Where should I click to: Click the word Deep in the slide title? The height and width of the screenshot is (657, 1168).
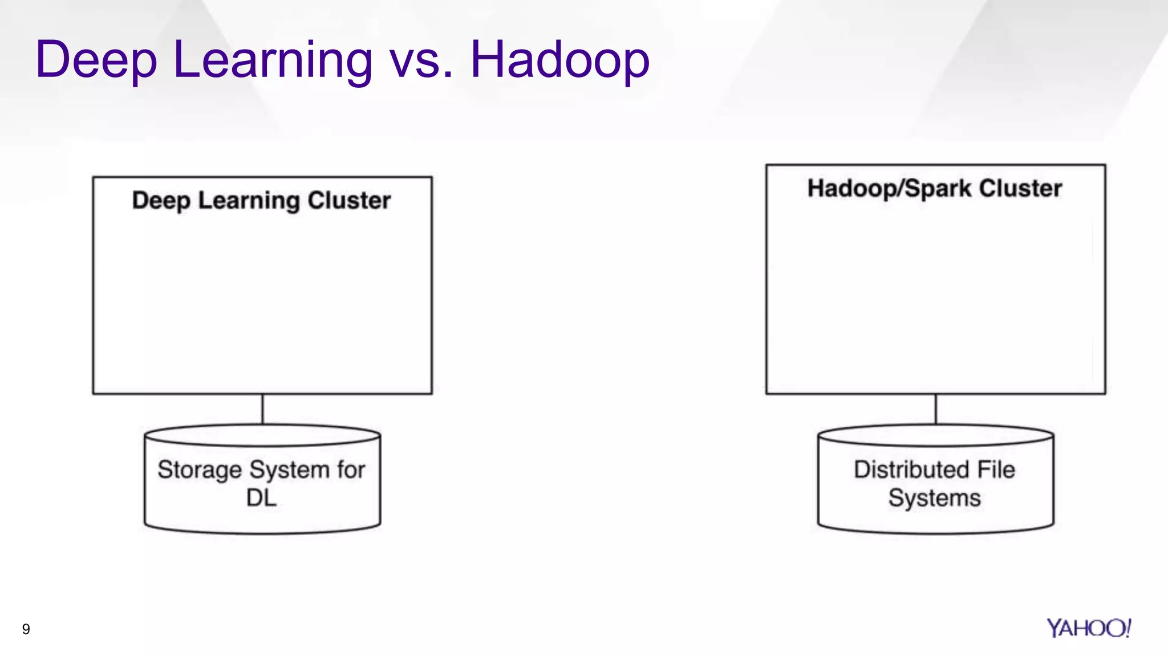tap(96, 60)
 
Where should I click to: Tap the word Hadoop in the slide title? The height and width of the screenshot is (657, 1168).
tap(559, 60)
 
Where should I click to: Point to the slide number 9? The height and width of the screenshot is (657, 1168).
tap(26, 629)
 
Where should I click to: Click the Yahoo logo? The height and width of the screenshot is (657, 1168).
tap(1088, 628)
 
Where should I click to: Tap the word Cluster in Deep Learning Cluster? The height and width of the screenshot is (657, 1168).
tap(349, 200)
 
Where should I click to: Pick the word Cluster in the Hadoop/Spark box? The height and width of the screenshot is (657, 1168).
tap(1021, 188)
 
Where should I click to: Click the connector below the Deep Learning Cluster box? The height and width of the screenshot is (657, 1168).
tap(262, 409)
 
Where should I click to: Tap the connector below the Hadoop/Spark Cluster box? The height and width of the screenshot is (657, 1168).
tap(936, 409)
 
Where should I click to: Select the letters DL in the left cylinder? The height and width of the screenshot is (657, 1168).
tap(261, 498)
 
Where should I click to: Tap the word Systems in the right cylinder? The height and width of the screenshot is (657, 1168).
tap(934, 498)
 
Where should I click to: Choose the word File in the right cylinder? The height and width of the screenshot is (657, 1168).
tap(996, 469)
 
